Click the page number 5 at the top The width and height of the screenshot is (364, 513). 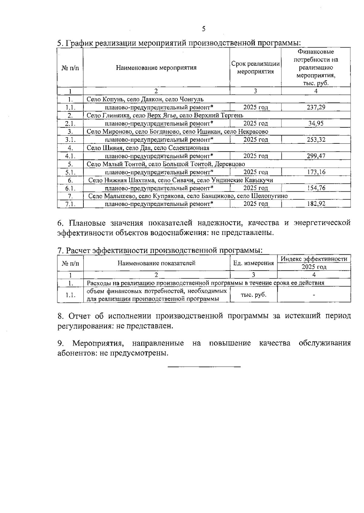pyautogui.click(x=204, y=29)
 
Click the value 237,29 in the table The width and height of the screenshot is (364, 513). pyautogui.click(x=316, y=107)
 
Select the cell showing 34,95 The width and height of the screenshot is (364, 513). pyautogui.click(x=316, y=123)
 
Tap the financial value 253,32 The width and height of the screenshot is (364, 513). pyautogui.click(x=316, y=139)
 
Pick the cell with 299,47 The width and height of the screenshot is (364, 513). pyautogui.click(x=316, y=156)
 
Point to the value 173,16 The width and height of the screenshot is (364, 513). pyautogui.click(x=316, y=172)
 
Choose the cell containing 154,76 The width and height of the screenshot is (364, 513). pyautogui.click(x=316, y=188)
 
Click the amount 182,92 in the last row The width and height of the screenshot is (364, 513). pyautogui.click(x=316, y=204)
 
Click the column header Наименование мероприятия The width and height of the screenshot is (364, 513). pyautogui.click(x=156, y=68)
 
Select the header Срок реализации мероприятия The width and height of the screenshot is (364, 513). pyautogui.click(x=255, y=68)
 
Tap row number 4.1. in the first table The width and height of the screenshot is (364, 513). pyautogui.click(x=70, y=156)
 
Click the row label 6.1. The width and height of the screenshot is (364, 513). pyautogui.click(x=70, y=188)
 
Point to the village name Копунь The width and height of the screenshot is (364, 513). pyautogui.click(x=114, y=99)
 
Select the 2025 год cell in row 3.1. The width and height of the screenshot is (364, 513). pyautogui.click(x=255, y=139)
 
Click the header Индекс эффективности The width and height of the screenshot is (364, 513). pyautogui.click(x=314, y=259)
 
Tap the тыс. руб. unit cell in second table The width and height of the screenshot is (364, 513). pyautogui.click(x=253, y=295)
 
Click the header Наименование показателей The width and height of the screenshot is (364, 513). pyautogui.click(x=156, y=263)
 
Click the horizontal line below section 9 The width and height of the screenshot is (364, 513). pyautogui.click(x=204, y=367)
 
